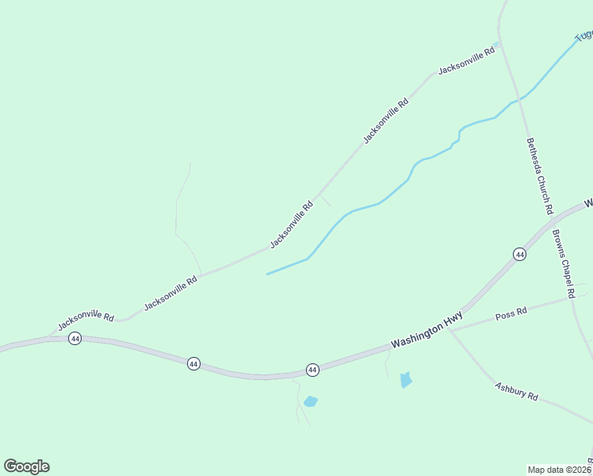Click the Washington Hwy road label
[x=427, y=329]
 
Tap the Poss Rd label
[x=511, y=313]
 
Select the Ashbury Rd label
[x=516, y=390]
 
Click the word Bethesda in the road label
[x=534, y=154]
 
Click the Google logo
[x=26, y=466]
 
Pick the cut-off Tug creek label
[x=583, y=35]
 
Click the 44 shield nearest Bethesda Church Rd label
[x=519, y=254]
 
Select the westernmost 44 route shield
[x=75, y=339]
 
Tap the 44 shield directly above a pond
[x=312, y=370]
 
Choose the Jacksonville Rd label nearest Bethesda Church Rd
[x=466, y=60]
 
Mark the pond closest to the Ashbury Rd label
[x=406, y=379]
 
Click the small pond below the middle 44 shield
[x=310, y=401]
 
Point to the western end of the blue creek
[x=267, y=274]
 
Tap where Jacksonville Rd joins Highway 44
[x=49, y=337]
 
